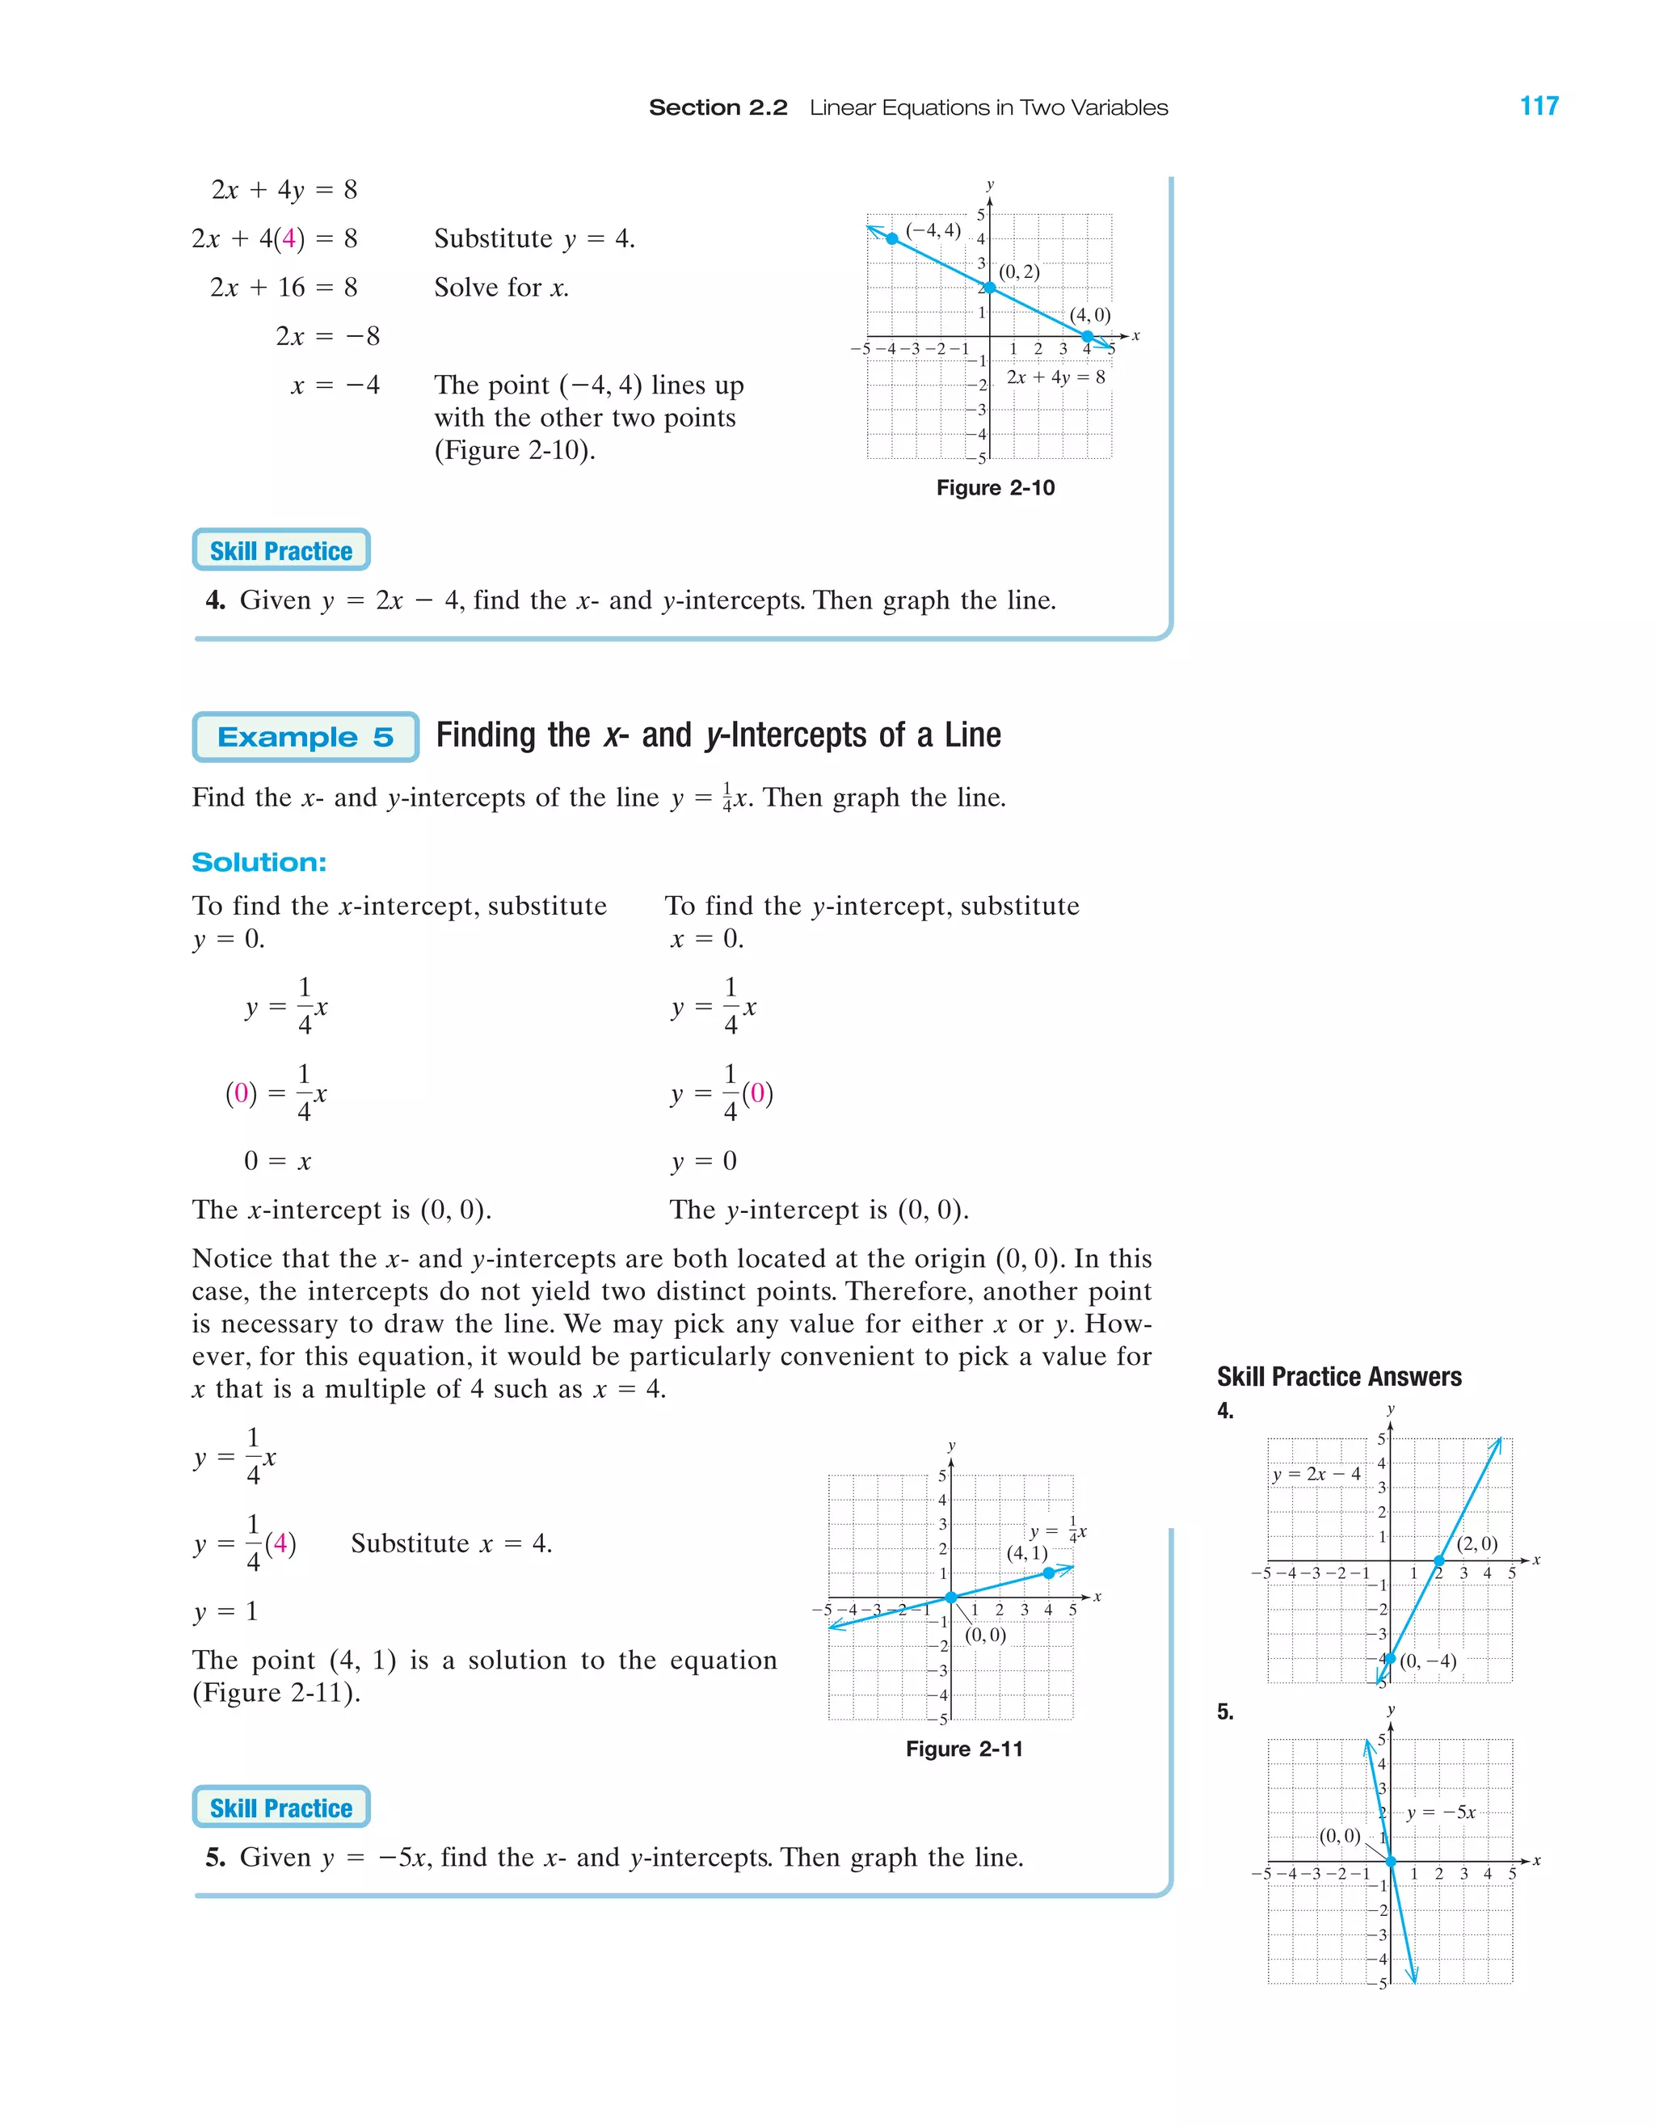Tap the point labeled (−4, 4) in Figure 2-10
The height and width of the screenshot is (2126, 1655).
[892, 238]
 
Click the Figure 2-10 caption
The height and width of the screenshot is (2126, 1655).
[995, 488]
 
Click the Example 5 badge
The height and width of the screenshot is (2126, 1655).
[305, 737]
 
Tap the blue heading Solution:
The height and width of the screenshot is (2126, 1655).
[259, 862]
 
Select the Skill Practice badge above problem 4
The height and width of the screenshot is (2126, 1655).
[280, 551]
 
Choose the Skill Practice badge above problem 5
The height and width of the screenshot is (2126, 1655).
[280, 1808]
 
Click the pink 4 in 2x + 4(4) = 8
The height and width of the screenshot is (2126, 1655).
[288, 238]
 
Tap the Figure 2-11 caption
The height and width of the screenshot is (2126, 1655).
[964, 1749]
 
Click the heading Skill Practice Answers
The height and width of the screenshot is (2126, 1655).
[1338, 1376]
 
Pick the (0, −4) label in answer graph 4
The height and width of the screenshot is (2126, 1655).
[1427, 1661]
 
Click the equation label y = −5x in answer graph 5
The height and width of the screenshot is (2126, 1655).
[1441, 1812]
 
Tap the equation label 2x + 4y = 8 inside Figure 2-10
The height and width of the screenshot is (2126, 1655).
[1055, 377]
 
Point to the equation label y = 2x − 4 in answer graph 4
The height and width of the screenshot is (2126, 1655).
[1316, 1474]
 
